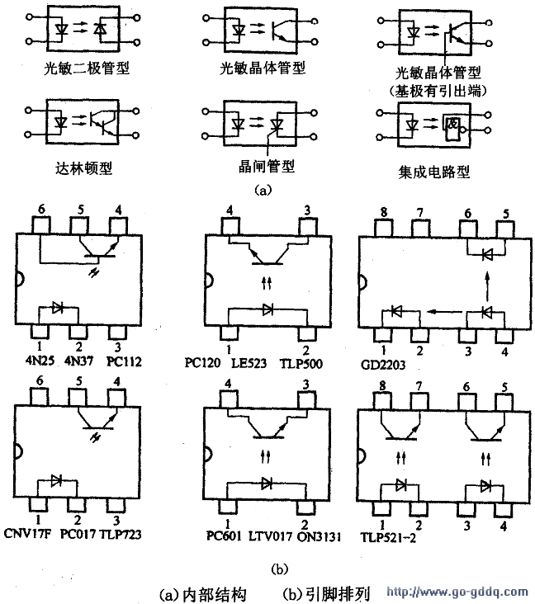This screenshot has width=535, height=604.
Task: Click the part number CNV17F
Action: tap(27, 534)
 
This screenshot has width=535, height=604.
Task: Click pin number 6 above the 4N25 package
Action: tap(41, 210)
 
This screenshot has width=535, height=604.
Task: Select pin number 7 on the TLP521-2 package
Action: tap(419, 385)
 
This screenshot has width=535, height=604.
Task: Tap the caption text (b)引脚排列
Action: tap(326, 592)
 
